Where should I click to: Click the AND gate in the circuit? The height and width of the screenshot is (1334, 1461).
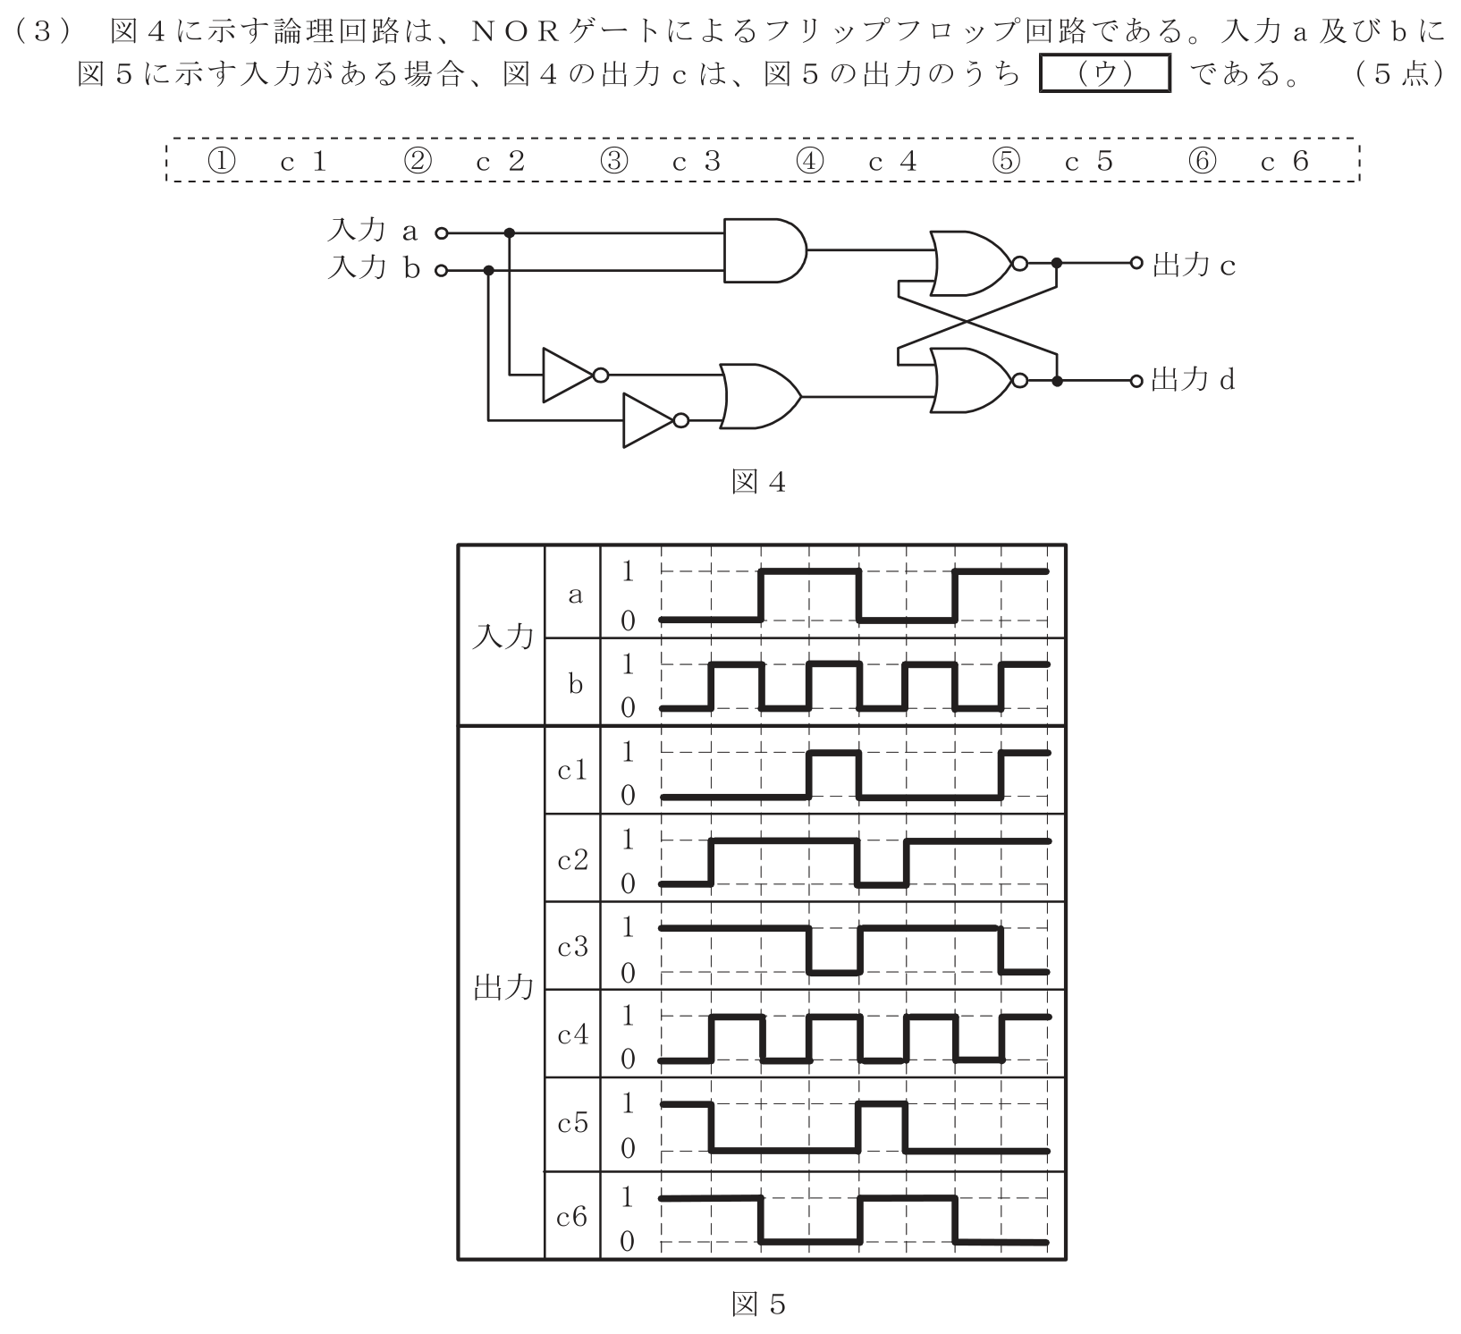click(763, 250)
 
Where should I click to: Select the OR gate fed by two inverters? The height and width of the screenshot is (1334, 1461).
click(761, 395)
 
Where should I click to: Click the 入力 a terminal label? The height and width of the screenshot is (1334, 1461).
click(373, 232)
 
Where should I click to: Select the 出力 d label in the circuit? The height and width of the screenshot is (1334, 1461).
click(1193, 380)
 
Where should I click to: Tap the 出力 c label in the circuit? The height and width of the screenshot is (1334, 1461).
click(1194, 265)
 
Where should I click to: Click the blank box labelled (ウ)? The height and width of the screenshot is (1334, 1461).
click(1105, 74)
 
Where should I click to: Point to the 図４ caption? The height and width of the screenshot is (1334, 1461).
click(758, 483)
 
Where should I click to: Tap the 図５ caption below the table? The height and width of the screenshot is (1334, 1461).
click(758, 1304)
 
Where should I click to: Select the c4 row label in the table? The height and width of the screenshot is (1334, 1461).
click(573, 1035)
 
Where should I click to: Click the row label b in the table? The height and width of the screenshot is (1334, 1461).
click(574, 684)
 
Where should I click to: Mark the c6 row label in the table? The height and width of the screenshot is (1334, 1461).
click(572, 1216)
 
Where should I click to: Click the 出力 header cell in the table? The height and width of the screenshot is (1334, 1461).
click(502, 988)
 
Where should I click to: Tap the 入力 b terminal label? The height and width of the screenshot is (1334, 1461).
click(373, 267)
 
